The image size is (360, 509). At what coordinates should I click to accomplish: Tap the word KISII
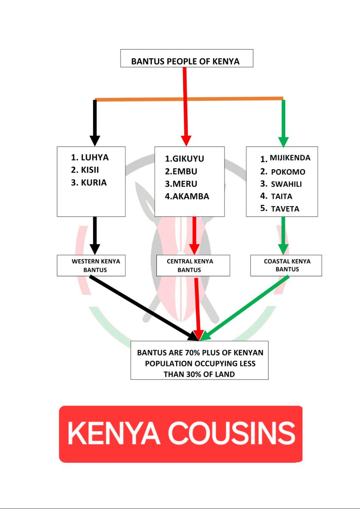[93, 170]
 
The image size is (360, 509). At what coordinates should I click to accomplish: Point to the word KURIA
[95, 183]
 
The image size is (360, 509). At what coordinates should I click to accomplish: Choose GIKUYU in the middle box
[188, 159]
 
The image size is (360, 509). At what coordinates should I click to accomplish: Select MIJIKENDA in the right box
[290, 158]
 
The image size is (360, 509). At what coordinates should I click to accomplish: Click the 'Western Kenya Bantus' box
[91, 266]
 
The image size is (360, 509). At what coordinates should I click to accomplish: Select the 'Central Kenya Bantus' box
[193, 266]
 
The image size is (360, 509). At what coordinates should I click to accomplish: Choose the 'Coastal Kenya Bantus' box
[286, 265]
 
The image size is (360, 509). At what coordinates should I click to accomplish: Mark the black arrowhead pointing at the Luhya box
[95, 140]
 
